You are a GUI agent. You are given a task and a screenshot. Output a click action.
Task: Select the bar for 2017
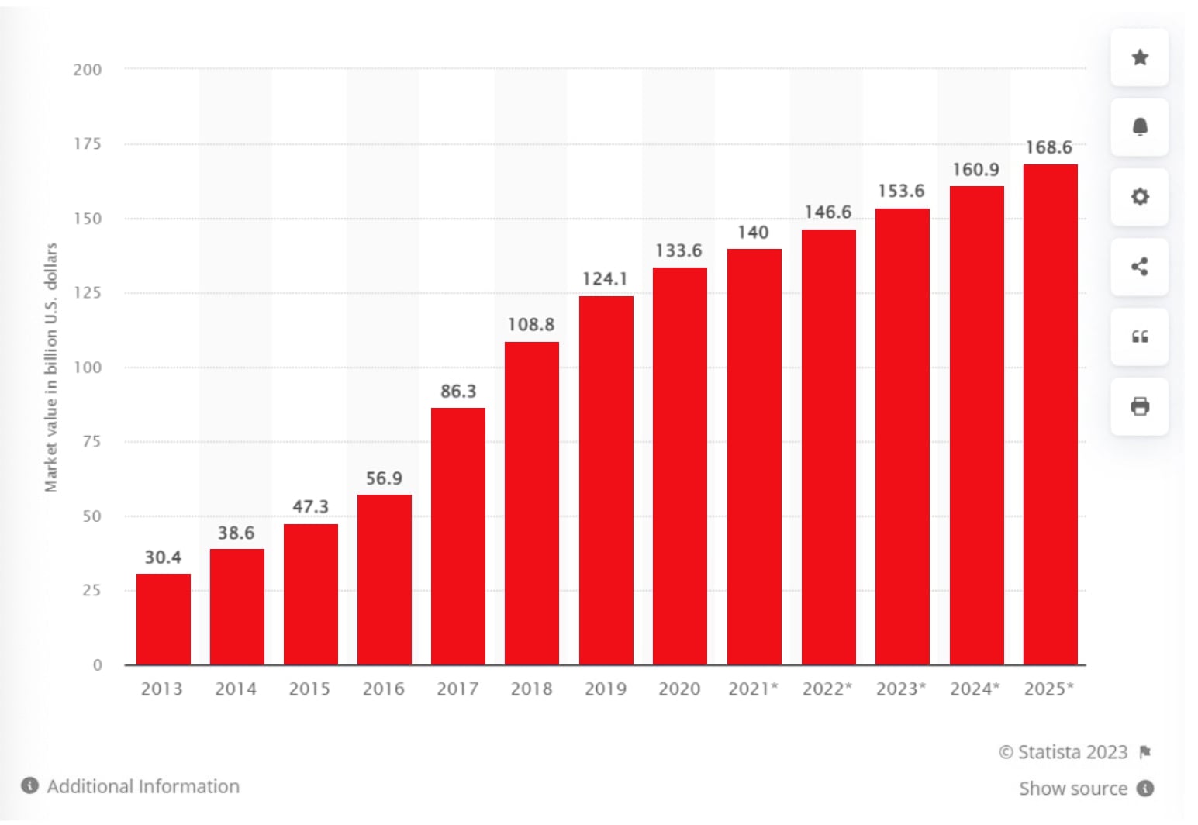click(458, 536)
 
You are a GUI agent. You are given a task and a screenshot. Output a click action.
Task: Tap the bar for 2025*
click(1050, 414)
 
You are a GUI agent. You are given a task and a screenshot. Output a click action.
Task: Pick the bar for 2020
click(679, 465)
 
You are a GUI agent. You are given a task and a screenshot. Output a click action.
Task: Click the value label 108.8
click(531, 324)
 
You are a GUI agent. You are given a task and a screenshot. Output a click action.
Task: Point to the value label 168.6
click(1048, 147)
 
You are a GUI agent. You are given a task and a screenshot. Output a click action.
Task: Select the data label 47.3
click(310, 506)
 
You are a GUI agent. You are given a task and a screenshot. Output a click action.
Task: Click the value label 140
click(753, 232)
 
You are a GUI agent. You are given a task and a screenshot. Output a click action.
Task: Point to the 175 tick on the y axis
click(88, 143)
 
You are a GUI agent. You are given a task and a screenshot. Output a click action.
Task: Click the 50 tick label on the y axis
click(91, 516)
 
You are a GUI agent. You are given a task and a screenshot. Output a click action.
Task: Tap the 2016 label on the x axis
click(384, 689)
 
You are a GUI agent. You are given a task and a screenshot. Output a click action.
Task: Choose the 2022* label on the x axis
click(827, 689)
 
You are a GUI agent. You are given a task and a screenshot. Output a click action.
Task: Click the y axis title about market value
click(51, 367)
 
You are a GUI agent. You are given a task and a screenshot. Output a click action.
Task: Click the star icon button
click(1139, 57)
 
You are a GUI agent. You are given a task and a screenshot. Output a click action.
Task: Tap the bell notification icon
click(1139, 127)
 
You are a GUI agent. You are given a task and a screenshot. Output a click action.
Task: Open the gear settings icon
click(1139, 197)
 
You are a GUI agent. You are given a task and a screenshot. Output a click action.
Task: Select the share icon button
click(1139, 267)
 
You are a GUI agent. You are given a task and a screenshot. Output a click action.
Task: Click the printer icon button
click(1139, 406)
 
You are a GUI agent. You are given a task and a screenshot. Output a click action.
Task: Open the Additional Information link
click(143, 786)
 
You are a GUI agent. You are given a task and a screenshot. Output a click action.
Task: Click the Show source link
click(1072, 789)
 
